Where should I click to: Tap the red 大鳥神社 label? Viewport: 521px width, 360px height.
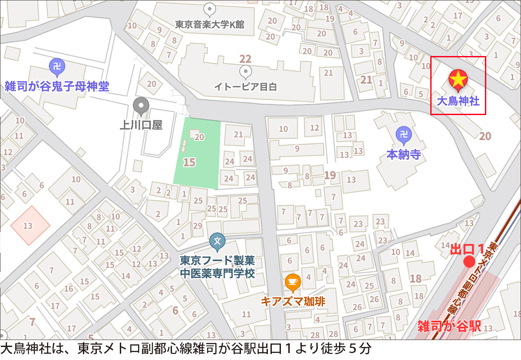[458, 102]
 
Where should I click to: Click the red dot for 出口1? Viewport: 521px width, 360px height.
[469, 262]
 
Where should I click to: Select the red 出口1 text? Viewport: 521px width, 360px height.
[467, 249]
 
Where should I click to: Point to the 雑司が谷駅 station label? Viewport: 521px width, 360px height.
[449, 326]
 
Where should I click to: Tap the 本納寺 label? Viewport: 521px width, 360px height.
[404, 155]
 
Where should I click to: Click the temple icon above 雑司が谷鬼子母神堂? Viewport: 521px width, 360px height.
[56, 66]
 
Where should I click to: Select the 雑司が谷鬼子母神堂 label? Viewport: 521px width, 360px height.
[56, 86]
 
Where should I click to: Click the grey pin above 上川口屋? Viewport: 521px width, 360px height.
[141, 106]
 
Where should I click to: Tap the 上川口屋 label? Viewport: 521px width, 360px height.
[141, 126]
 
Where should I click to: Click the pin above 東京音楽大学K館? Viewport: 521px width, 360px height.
[210, 9]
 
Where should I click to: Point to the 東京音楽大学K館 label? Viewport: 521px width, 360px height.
[210, 25]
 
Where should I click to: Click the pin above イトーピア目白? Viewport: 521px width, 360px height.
[245, 71]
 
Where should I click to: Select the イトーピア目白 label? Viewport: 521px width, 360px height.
[245, 87]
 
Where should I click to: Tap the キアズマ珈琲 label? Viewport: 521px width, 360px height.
[293, 301]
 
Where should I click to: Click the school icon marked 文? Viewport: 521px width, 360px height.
[218, 241]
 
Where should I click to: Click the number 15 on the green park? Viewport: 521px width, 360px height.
[190, 163]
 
